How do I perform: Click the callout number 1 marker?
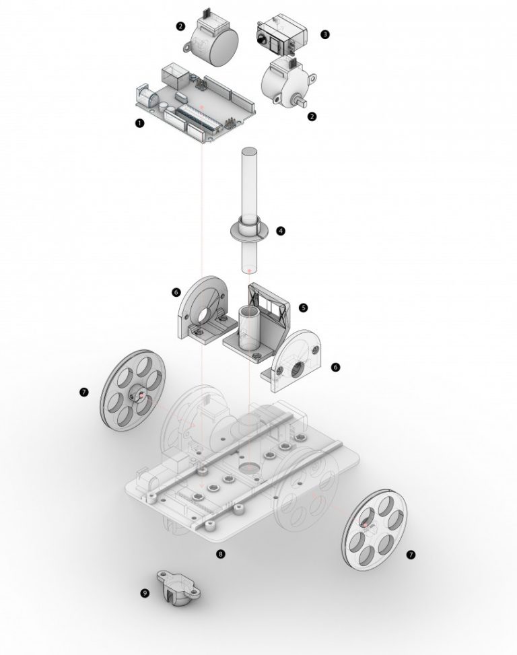point(139,123)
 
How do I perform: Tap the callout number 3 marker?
point(325,34)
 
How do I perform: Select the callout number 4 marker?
point(281,231)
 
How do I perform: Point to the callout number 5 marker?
point(303,308)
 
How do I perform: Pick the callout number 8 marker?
point(221,554)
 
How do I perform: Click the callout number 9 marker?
point(145,593)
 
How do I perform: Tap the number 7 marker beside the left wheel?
point(84,392)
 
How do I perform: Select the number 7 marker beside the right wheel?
point(411,554)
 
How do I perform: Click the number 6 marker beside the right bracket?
point(335,367)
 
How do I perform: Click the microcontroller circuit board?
point(195,104)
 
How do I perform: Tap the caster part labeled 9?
point(178,588)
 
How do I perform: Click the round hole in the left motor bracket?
point(206,314)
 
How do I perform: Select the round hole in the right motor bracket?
point(298,370)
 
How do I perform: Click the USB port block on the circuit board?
point(173,75)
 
